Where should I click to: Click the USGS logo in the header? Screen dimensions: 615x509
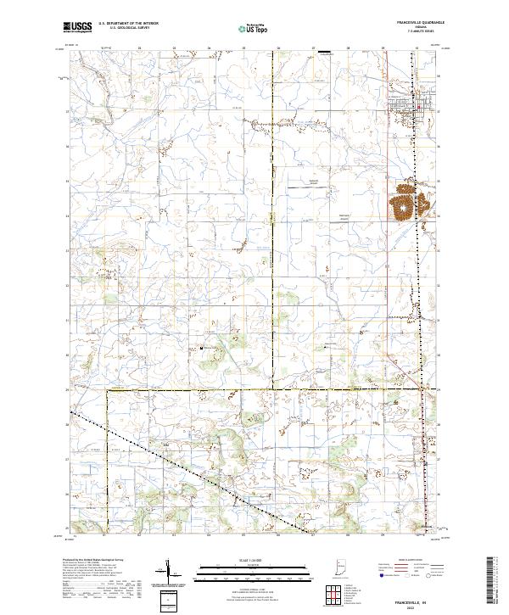coord(79,28)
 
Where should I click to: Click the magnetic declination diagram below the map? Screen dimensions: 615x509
coord(174,572)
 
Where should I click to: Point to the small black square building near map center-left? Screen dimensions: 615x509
coord(201,346)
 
